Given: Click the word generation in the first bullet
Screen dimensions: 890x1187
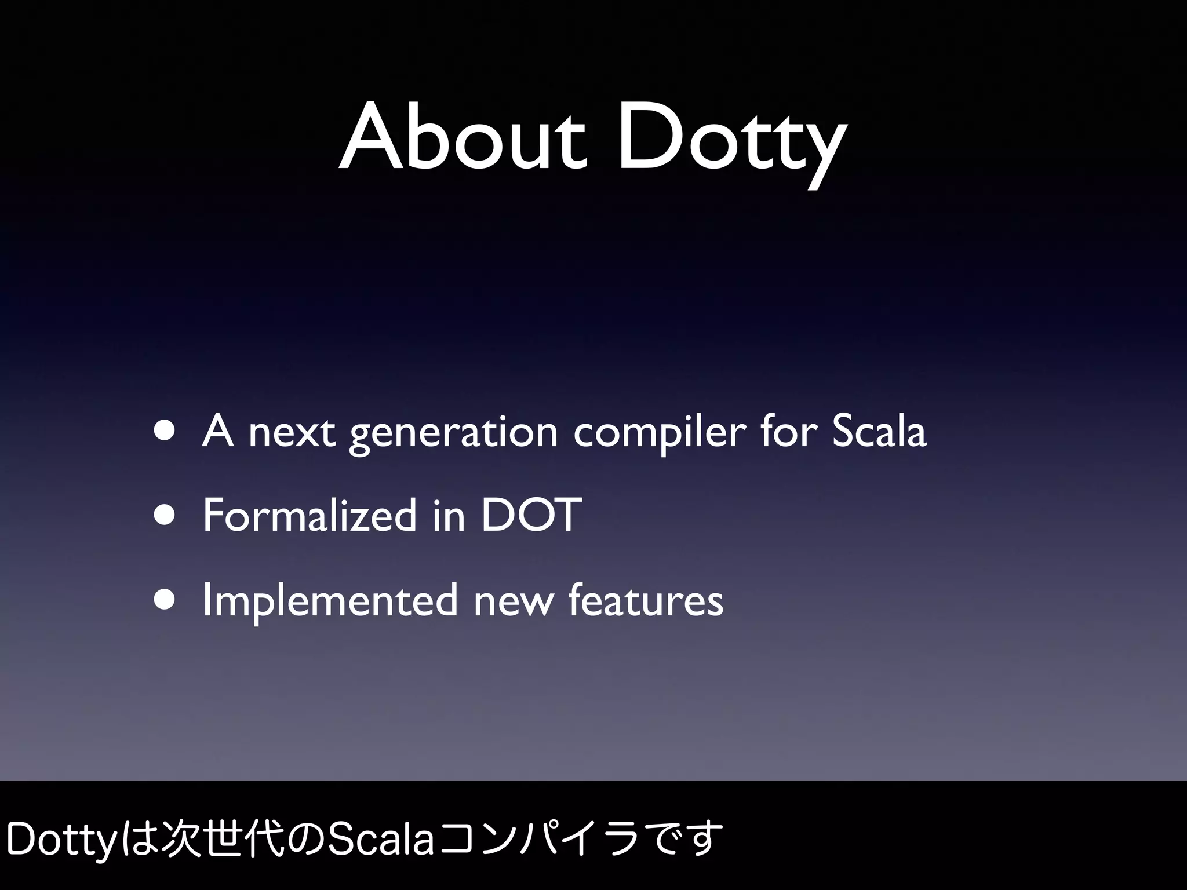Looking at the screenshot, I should coord(453,435).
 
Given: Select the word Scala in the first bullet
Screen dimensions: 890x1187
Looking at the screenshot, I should coord(879,431).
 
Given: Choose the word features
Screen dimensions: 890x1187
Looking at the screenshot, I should coord(646,600).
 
